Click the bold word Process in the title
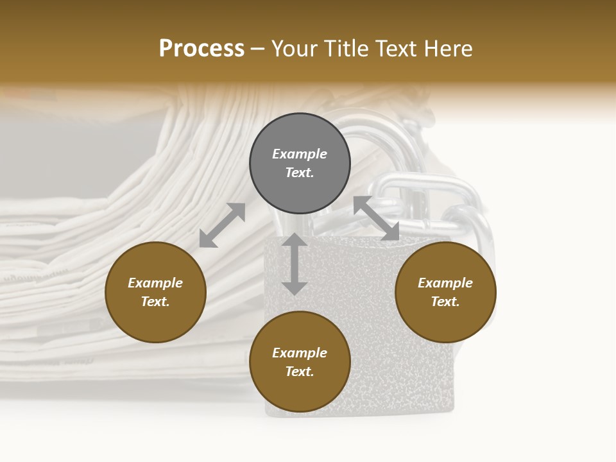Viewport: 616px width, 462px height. [x=201, y=49]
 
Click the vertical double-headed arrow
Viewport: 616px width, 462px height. [x=295, y=264]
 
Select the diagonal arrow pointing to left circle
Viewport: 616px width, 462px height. [x=222, y=225]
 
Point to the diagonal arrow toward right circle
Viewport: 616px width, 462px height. [x=377, y=218]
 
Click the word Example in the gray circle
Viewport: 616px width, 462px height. [x=300, y=154]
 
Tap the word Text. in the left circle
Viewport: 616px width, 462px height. [x=155, y=302]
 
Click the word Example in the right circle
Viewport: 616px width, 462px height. [x=445, y=283]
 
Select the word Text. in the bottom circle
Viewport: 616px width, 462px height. [x=300, y=372]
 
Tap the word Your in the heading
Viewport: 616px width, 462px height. [x=295, y=49]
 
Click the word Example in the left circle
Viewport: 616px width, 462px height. [x=155, y=283]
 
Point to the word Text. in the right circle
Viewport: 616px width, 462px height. [x=445, y=302]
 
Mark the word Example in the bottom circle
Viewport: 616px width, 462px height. [x=300, y=353]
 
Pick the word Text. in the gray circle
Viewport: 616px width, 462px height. [x=300, y=173]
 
